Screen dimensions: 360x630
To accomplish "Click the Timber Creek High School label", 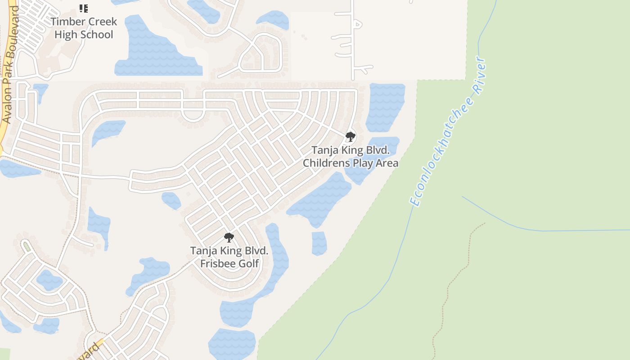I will [83, 28].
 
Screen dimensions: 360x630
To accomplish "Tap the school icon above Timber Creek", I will [83, 8].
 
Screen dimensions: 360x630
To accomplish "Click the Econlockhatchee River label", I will [448, 131].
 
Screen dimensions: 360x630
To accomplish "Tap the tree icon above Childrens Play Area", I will [350, 136].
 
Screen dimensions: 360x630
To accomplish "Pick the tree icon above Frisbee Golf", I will [229, 237].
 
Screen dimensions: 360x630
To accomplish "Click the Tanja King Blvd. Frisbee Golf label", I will [229, 257].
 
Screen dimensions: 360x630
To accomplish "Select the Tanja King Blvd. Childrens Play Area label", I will [350, 156].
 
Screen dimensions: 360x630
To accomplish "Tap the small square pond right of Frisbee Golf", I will [319, 243].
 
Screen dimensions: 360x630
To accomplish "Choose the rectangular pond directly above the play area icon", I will [385, 106].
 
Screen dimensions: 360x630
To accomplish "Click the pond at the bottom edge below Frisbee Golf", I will [232, 344].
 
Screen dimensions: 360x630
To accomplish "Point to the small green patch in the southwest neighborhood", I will [27, 246].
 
